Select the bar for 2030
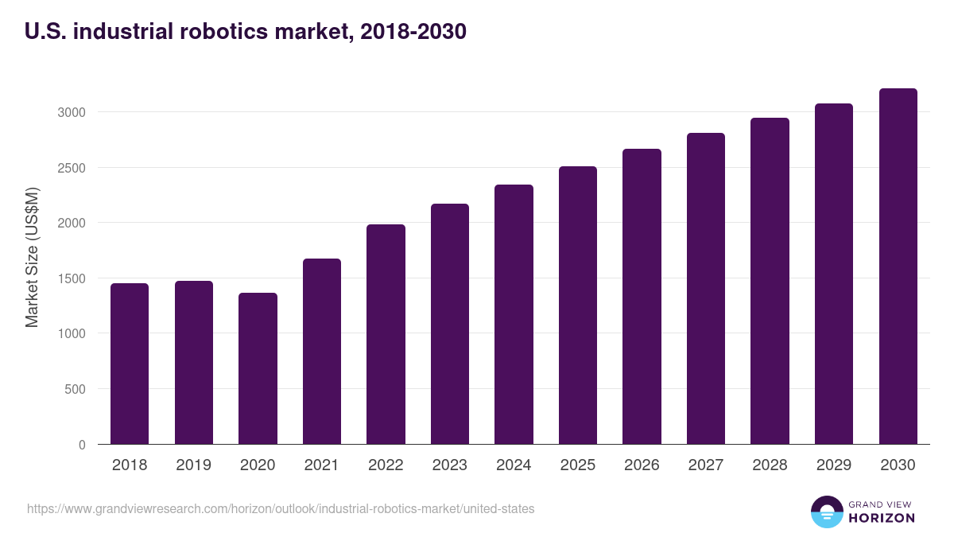[898, 267]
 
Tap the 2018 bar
[130, 364]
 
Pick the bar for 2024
[514, 314]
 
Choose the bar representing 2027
[705, 288]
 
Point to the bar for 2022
[386, 334]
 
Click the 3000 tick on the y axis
[71, 112]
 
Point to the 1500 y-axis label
[71, 278]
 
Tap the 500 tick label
[75, 389]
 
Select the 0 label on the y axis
[82, 445]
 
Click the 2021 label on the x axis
[321, 465]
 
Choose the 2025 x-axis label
[577, 465]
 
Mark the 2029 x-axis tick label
[833, 465]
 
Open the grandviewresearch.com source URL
[281, 508]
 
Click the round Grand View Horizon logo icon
[826, 512]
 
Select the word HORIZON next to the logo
[882, 518]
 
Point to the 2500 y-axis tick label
[71, 168]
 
